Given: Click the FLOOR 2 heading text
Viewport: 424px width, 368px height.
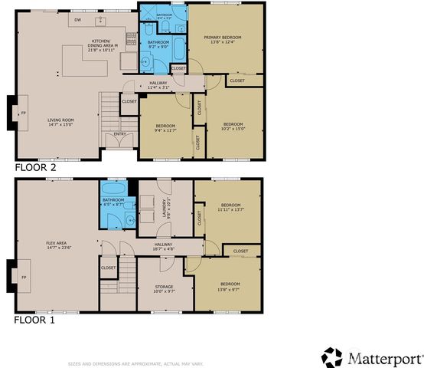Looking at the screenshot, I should [x=35, y=166].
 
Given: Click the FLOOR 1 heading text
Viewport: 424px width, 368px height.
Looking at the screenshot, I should [x=35, y=320].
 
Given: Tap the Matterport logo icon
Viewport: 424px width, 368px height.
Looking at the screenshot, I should [x=331, y=358].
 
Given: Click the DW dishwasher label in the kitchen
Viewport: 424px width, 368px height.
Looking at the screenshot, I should [x=78, y=19].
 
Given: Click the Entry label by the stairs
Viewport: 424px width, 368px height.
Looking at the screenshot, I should [x=120, y=134].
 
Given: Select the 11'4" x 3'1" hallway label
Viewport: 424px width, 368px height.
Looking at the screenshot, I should [x=158, y=85].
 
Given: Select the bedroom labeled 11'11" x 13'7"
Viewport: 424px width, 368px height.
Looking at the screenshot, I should [x=230, y=207].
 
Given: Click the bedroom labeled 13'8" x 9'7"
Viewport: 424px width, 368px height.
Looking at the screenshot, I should [x=230, y=286].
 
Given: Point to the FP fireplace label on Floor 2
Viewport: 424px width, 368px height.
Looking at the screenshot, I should [x=23, y=113].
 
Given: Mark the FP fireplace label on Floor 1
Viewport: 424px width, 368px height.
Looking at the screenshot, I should [x=23, y=277].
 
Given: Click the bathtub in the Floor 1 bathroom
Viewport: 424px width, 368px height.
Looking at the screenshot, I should [x=114, y=189].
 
